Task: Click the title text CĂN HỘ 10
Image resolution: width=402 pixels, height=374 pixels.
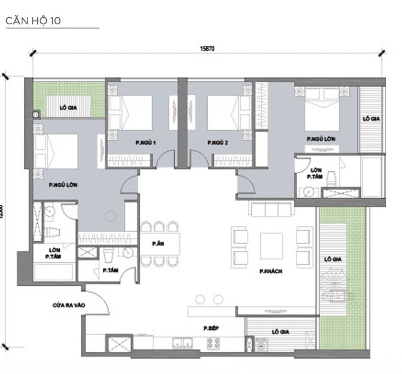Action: click(33, 21)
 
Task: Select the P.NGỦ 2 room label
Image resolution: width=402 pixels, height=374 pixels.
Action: click(217, 143)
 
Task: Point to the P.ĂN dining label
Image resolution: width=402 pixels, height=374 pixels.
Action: click(158, 244)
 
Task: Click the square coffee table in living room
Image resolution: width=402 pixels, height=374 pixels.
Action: click(271, 246)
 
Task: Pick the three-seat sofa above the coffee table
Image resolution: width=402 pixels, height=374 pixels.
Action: click(272, 209)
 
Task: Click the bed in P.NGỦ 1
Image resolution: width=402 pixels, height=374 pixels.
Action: click(135, 112)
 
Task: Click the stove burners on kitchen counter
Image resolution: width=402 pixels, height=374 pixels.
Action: click(212, 343)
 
